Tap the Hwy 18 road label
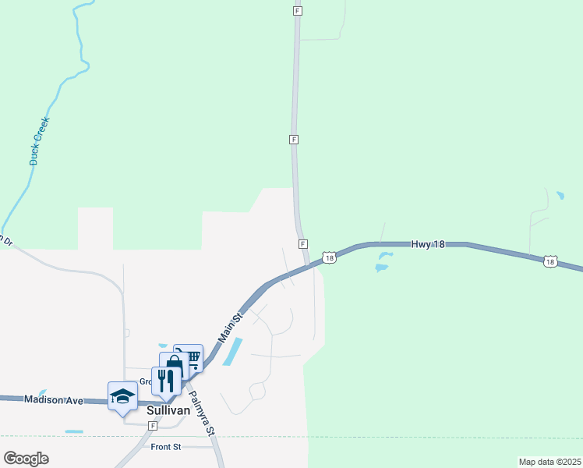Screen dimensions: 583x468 (x=428, y=244)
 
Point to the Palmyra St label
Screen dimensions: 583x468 (x=200, y=413)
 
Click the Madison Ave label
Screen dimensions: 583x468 (x=54, y=399)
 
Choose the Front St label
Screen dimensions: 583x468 (x=166, y=447)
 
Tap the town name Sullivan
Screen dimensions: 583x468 (x=169, y=408)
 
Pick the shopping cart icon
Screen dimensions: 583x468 (x=189, y=359)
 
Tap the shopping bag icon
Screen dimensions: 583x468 (x=174, y=367)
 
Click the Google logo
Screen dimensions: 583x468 (x=26, y=459)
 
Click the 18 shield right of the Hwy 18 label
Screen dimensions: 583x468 (x=550, y=262)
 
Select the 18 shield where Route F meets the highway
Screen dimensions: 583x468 (x=330, y=257)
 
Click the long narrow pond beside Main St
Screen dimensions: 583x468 (x=233, y=352)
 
